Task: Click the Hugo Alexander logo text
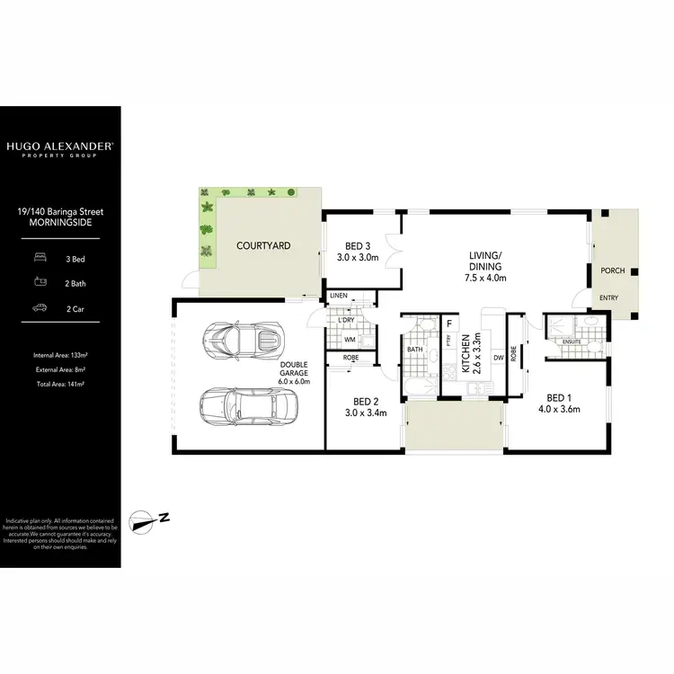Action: (x=59, y=145)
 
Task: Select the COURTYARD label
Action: (x=262, y=245)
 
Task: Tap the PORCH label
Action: (x=613, y=270)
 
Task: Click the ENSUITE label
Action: (x=570, y=342)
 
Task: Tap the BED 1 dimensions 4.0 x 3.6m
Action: (x=558, y=409)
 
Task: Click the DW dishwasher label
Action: (x=496, y=357)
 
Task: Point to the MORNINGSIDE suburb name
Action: (x=59, y=222)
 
